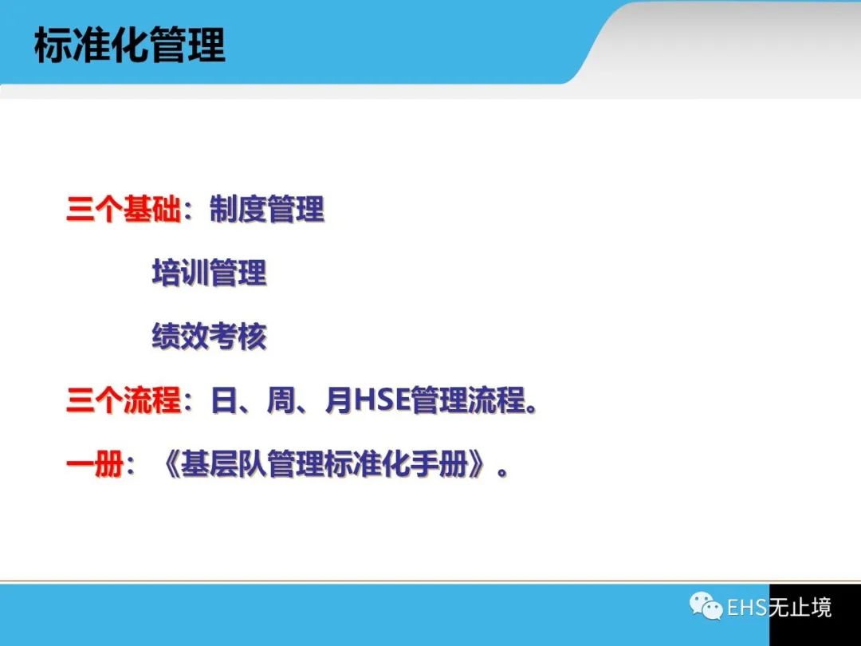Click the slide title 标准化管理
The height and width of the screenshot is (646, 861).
tap(130, 45)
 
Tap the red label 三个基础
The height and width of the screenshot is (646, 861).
tap(124, 209)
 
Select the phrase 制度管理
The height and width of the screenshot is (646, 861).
tap(267, 209)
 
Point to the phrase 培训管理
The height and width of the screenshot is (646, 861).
tap(209, 273)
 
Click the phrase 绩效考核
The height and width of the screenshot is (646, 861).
tap(209, 337)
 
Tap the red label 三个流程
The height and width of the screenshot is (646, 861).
tap(124, 400)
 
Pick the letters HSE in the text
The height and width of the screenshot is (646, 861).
tap(382, 400)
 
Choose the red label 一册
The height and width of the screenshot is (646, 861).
tap(95, 464)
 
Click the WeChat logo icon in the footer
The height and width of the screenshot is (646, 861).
tap(706, 606)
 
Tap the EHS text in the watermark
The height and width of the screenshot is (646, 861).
tap(747, 608)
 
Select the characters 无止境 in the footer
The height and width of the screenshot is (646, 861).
tap(800, 608)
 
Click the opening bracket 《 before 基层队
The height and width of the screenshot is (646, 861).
tap(171, 464)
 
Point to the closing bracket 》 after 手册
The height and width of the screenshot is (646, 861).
tap(478, 464)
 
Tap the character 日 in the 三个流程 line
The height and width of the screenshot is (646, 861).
tap(223, 400)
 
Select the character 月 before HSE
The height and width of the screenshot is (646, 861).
tap(338, 400)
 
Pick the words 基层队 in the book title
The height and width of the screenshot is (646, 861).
tap(223, 464)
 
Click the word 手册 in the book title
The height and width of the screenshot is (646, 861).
tap(440, 464)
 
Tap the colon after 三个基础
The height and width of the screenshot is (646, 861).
tap(190, 211)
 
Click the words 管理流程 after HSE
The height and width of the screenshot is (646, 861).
tap(469, 400)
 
